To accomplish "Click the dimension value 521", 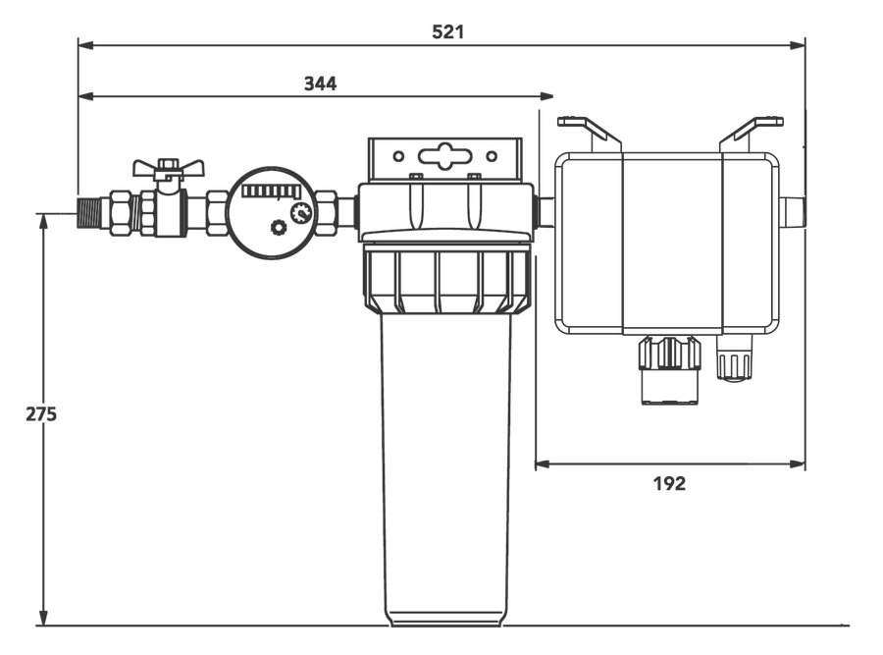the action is coord(448,32).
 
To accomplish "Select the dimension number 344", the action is coord(321,84).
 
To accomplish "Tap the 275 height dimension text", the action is coord(41,414).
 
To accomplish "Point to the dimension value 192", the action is coord(669,484).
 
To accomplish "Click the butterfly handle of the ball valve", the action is coord(168,167).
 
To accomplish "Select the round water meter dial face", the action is coord(272,212).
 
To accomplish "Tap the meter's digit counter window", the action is coord(271,191).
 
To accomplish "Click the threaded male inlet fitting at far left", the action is coord(89,212).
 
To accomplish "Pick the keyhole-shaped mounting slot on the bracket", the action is coord(444,155).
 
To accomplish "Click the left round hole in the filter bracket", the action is coord(398,156).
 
